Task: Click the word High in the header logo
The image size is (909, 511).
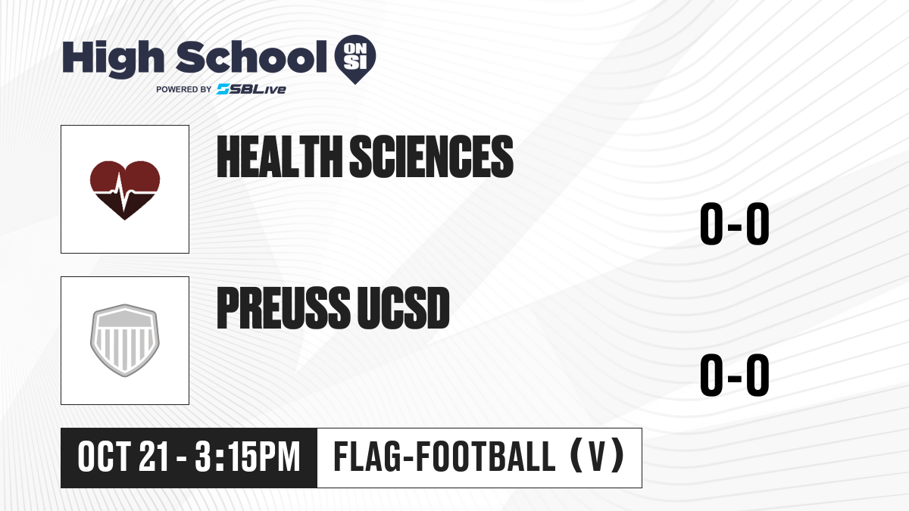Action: pos(113,58)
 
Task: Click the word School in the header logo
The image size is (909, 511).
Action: pos(251,57)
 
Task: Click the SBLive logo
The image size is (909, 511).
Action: pos(251,89)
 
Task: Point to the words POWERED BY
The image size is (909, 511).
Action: pos(184,89)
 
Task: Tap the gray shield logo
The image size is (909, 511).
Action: pos(125,341)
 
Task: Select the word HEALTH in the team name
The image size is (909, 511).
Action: pos(280,157)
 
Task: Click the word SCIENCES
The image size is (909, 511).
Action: pos(431,157)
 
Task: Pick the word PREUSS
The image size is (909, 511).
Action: pos(283,308)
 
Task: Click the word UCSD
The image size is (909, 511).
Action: pos(403,308)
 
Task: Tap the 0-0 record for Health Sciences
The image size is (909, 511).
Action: pos(735,224)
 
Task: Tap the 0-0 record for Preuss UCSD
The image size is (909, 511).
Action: pos(735,375)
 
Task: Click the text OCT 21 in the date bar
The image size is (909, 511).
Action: pos(123,457)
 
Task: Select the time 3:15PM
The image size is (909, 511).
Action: pos(248,457)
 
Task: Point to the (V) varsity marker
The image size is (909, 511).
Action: pos(598,456)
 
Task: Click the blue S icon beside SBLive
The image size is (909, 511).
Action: pos(223,89)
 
